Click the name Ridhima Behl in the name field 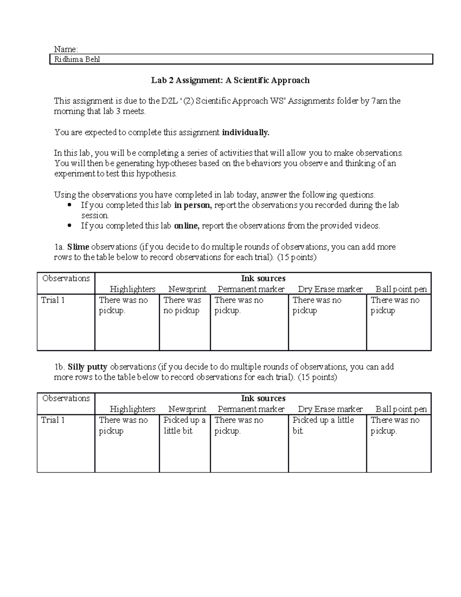pyautogui.click(x=77, y=60)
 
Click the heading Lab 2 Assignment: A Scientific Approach pyautogui.click(x=230, y=80)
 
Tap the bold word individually pyautogui.click(x=246, y=133)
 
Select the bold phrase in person pyautogui.click(x=192, y=205)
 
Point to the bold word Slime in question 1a pyautogui.click(x=78, y=247)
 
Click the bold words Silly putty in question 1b pyautogui.click(x=87, y=367)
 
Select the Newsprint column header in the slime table pyautogui.click(x=187, y=289)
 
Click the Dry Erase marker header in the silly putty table pyautogui.click(x=330, y=409)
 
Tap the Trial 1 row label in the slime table pyautogui.click(x=53, y=300)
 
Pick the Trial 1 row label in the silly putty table pyautogui.click(x=53, y=420)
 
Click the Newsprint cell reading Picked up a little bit pyautogui.click(x=184, y=426)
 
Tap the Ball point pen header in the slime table pyautogui.click(x=401, y=289)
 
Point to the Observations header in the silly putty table pyautogui.click(x=66, y=398)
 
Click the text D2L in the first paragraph pyautogui.click(x=169, y=101)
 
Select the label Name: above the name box pyautogui.click(x=66, y=49)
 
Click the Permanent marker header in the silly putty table pyautogui.click(x=251, y=409)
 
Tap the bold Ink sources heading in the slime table pyautogui.click(x=263, y=278)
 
